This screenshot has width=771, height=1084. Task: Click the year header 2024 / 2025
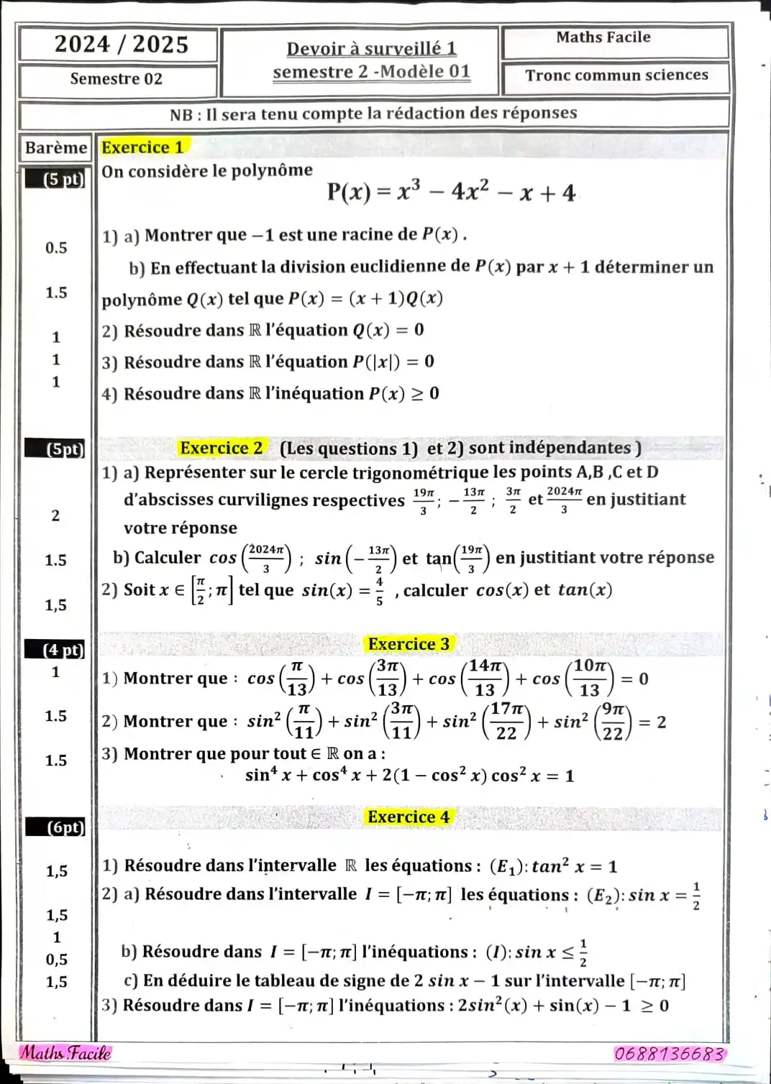121,45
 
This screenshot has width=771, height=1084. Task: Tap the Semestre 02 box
117,79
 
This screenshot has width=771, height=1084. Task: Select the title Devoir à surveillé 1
371,48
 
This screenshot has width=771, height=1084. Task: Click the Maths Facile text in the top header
603,37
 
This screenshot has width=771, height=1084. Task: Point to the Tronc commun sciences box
616,75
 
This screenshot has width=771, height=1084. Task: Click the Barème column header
55,148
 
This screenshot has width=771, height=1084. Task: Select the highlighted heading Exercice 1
143,147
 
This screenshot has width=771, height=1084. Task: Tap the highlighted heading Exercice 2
222,448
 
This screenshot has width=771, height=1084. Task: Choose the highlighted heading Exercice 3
409,644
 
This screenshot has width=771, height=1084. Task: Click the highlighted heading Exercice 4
408,817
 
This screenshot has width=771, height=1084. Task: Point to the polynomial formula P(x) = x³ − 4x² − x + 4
451,193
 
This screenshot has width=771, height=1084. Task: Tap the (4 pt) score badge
63,651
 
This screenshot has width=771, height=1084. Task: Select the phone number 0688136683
669,1054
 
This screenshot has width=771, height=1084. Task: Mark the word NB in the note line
181,115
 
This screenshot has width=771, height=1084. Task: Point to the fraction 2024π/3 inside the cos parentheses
266,558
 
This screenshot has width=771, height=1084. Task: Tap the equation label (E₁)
508,867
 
